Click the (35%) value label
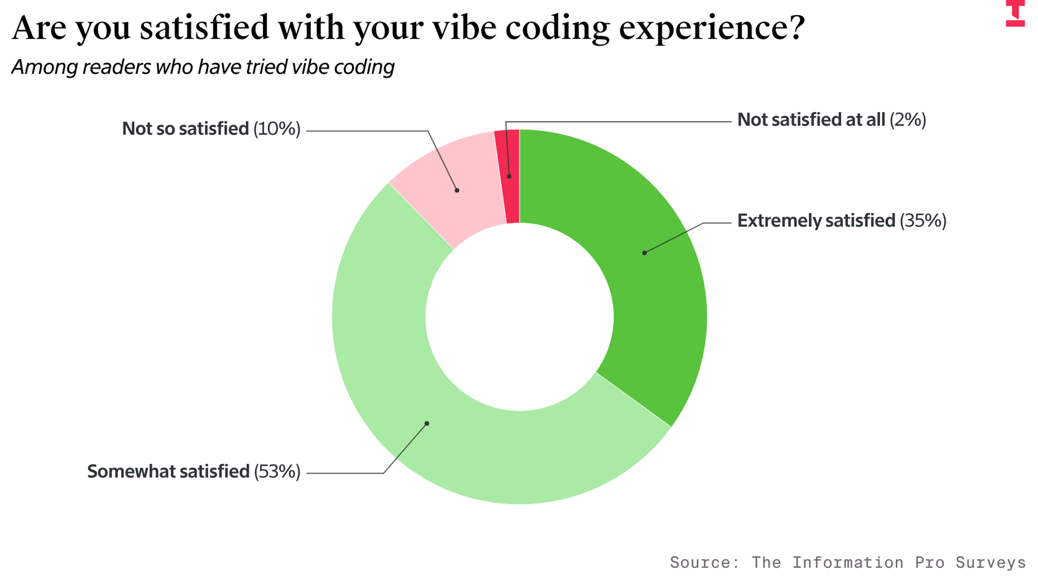[923, 221]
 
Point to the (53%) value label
[277, 472]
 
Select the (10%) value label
[277, 129]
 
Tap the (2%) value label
[907, 120]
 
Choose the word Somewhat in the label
[125, 472]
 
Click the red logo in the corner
[1015, 13]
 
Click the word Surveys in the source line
[991, 562]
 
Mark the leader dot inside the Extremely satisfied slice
[645, 253]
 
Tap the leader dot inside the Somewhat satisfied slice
[427, 423]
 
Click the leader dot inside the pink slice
[457, 191]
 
